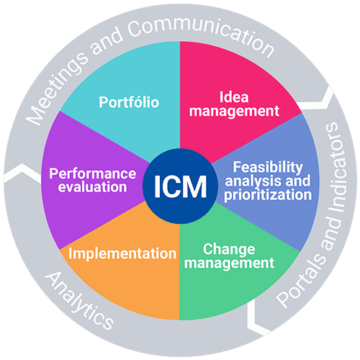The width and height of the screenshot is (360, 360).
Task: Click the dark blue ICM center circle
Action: click(180, 186)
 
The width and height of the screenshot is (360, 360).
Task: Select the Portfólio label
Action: click(129, 102)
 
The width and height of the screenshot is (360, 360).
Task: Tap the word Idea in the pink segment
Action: click(234, 97)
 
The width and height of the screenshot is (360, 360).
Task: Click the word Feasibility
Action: click(268, 167)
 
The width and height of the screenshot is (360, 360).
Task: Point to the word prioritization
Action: click(268, 194)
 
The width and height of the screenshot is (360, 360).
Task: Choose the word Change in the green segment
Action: click(229, 249)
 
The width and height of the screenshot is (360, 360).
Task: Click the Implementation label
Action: click(122, 253)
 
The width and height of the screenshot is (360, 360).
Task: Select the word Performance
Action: click(92, 174)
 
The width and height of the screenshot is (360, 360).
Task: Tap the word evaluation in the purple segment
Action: click(92, 186)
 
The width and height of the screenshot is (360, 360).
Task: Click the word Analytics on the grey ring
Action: click(79, 302)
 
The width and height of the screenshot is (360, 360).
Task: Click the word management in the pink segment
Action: click(234, 111)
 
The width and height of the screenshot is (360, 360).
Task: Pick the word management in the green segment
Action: click(229, 263)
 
